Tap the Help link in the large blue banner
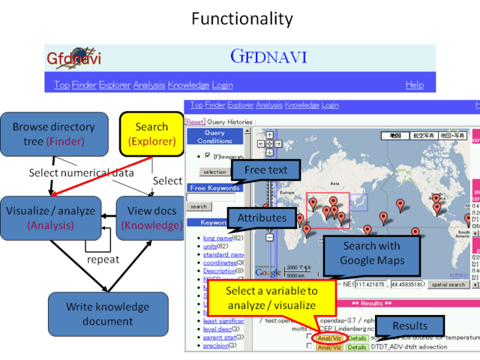(x=414, y=85)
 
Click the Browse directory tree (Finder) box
(x=53, y=133)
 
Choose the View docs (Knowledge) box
(x=151, y=217)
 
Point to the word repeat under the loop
(x=103, y=259)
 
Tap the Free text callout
(x=266, y=170)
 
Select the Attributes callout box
(x=262, y=217)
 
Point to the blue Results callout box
(x=409, y=325)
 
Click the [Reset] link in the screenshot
(x=194, y=121)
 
